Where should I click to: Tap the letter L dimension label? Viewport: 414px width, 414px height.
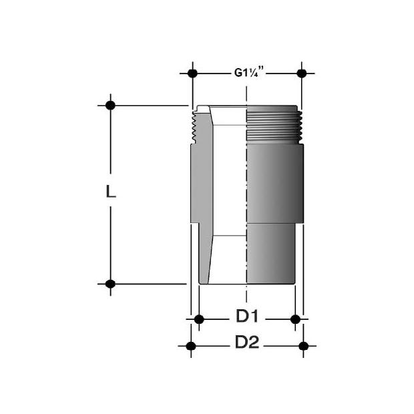(111, 192)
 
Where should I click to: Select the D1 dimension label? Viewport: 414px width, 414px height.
(247, 317)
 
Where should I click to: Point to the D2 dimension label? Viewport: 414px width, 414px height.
(247, 342)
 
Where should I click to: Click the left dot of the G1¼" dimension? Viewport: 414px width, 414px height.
(192, 73)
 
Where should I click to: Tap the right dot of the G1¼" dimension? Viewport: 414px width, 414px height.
(302, 73)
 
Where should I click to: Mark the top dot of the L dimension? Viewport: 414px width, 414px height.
(110, 106)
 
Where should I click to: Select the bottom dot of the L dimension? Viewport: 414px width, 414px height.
(110, 284)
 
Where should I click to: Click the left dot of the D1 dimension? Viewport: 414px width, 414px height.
(199, 319)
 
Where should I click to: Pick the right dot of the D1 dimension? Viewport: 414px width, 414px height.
(295, 319)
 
